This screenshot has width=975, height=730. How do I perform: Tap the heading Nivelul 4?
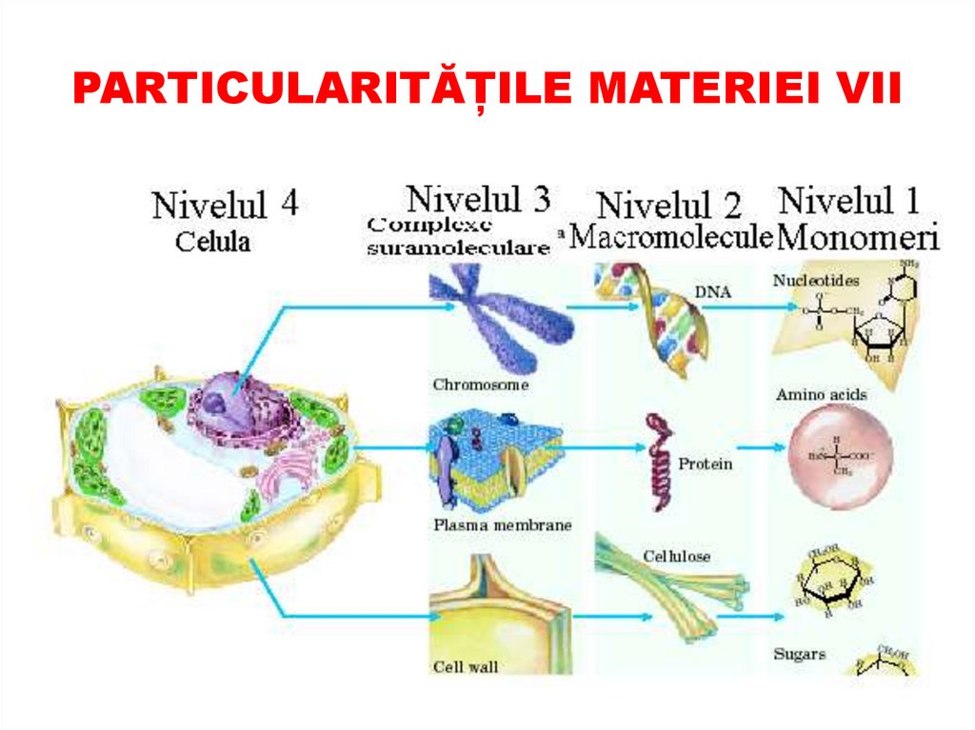pos(225,204)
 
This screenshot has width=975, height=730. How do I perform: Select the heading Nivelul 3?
pos(478,199)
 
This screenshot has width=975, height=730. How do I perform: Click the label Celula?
pos(212,243)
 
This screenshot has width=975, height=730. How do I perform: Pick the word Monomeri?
pos(858,237)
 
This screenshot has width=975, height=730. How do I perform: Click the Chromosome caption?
pos(480,385)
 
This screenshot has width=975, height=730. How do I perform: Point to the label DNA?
pos(712,293)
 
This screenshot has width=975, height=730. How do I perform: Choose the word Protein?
pos(706,464)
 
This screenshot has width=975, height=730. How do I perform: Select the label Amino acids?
pos(821,394)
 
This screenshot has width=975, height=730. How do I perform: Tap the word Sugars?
pos(799,655)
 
